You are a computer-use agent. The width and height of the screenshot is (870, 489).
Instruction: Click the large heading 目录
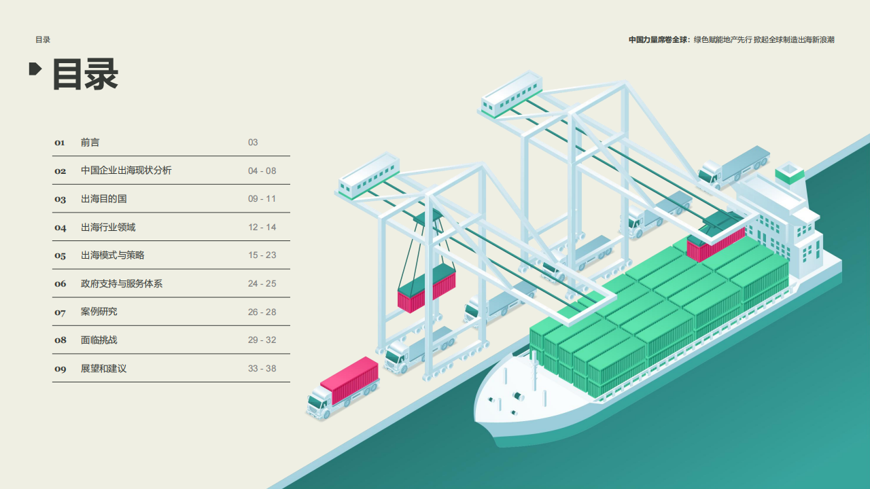pyautogui.click(x=86, y=73)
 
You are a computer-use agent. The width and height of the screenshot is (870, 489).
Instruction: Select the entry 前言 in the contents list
pyautogui.click(x=90, y=143)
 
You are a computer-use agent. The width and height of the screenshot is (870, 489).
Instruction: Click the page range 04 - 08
pyautogui.click(x=262, y=171)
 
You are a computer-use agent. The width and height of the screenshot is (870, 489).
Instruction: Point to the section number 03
pyautogui.click(x=60, y=200)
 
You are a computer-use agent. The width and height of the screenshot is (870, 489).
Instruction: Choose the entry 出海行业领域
pyautogui.click(x=108, y=228)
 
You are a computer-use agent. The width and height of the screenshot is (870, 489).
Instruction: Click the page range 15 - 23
pyautogui.click(x=262, y=255)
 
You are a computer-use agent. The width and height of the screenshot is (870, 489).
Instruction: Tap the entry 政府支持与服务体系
pyautogui.click(x=122, y=284)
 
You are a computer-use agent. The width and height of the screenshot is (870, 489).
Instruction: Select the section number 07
pyautogui.click(x=60, y=312)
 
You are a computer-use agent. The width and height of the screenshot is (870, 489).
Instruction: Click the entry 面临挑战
pyautogui.click(x=99, y=340)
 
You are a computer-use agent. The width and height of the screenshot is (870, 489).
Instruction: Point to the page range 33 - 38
pyautogui.click(x=262, y=369)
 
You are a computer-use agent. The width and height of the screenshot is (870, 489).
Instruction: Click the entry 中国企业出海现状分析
pyautogui.click(x=126, y=171)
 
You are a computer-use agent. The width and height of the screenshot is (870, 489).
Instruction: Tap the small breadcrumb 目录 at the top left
pyautogui.click(x=43, y=40)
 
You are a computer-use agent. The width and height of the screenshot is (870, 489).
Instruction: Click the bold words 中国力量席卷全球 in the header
pyautogui.click(x=658, y=40)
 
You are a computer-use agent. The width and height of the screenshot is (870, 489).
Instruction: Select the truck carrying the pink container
pyautogui.click(x=343, y=387)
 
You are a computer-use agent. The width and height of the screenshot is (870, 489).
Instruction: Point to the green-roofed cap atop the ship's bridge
pyautogui.click(x=789, y=173)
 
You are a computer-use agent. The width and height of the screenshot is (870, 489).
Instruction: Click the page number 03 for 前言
pyautogui.click(x=253, y=143)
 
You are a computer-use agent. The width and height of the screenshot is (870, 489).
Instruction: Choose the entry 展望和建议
pyautogui.click(x=103, y=369)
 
